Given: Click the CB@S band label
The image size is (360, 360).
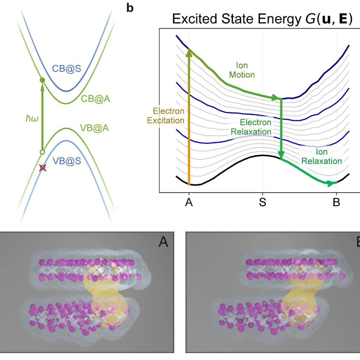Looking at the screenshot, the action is [x=66, y=68].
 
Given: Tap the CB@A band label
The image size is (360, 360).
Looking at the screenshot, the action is [x=96, y=99].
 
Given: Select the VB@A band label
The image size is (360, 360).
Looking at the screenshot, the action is [x=94, y=128].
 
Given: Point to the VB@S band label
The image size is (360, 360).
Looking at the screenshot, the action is [x=67, y=161].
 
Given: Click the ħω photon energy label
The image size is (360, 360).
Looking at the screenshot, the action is [x=32, y=119].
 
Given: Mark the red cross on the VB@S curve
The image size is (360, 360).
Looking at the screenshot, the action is [x=43, y=168].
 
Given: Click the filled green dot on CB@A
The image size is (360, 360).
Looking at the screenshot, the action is [x=43, y=80].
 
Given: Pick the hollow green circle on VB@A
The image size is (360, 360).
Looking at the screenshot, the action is [x=42, y=152].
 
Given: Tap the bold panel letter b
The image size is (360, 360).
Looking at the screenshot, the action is [x=130, y=8].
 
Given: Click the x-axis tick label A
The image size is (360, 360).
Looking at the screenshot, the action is [x=189, y=202].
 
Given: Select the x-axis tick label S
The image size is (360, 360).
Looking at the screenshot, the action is [x=263, y=202].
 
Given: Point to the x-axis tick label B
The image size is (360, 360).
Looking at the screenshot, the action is [x=336, y=202].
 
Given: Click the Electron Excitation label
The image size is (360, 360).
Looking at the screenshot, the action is [x=166, y=116].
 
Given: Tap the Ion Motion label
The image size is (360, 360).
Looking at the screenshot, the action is [x=242, y=70].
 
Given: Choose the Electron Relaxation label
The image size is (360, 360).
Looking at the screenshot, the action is [x=251, y=127].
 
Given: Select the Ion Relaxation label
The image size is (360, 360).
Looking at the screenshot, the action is [x=322, y=156].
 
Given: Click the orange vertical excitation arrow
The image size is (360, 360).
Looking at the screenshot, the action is [x=189, y=117].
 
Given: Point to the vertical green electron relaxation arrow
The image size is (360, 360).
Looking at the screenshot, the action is [x=281, y=129].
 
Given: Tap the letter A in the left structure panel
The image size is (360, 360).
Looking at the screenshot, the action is [x=163, y=242].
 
